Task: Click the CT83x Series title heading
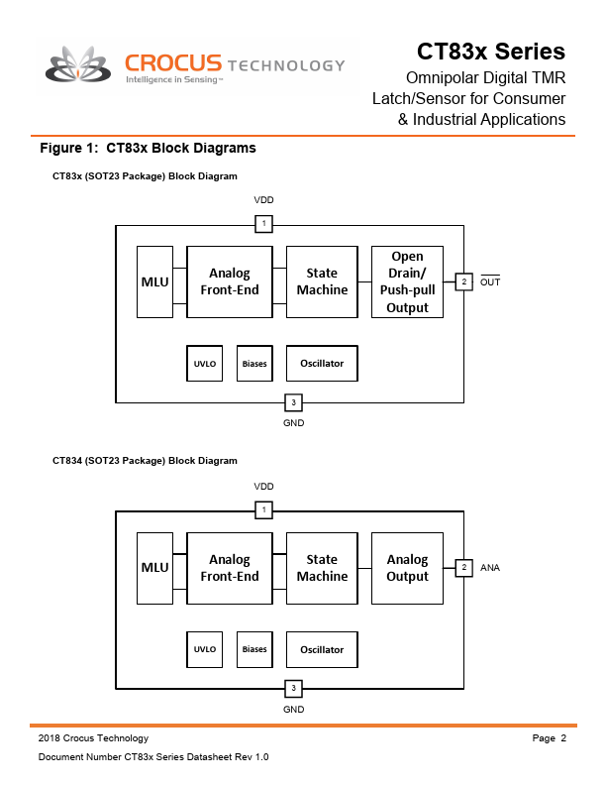490,51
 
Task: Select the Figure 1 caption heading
148,148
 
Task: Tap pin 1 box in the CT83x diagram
263,224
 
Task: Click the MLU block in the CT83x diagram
154,281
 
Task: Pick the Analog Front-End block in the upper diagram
229,281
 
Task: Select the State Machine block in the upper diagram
322,281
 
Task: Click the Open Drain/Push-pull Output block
407,281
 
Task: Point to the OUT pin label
490,282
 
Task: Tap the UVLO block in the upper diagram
205,364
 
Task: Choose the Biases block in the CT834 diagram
254,649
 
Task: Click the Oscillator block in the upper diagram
322,364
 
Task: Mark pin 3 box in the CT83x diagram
293,402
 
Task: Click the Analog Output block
407,568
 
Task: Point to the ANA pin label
490,568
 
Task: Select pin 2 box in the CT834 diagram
462,568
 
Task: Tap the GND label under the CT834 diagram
293,709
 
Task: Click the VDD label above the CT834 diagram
263,487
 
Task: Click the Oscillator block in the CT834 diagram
322,649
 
